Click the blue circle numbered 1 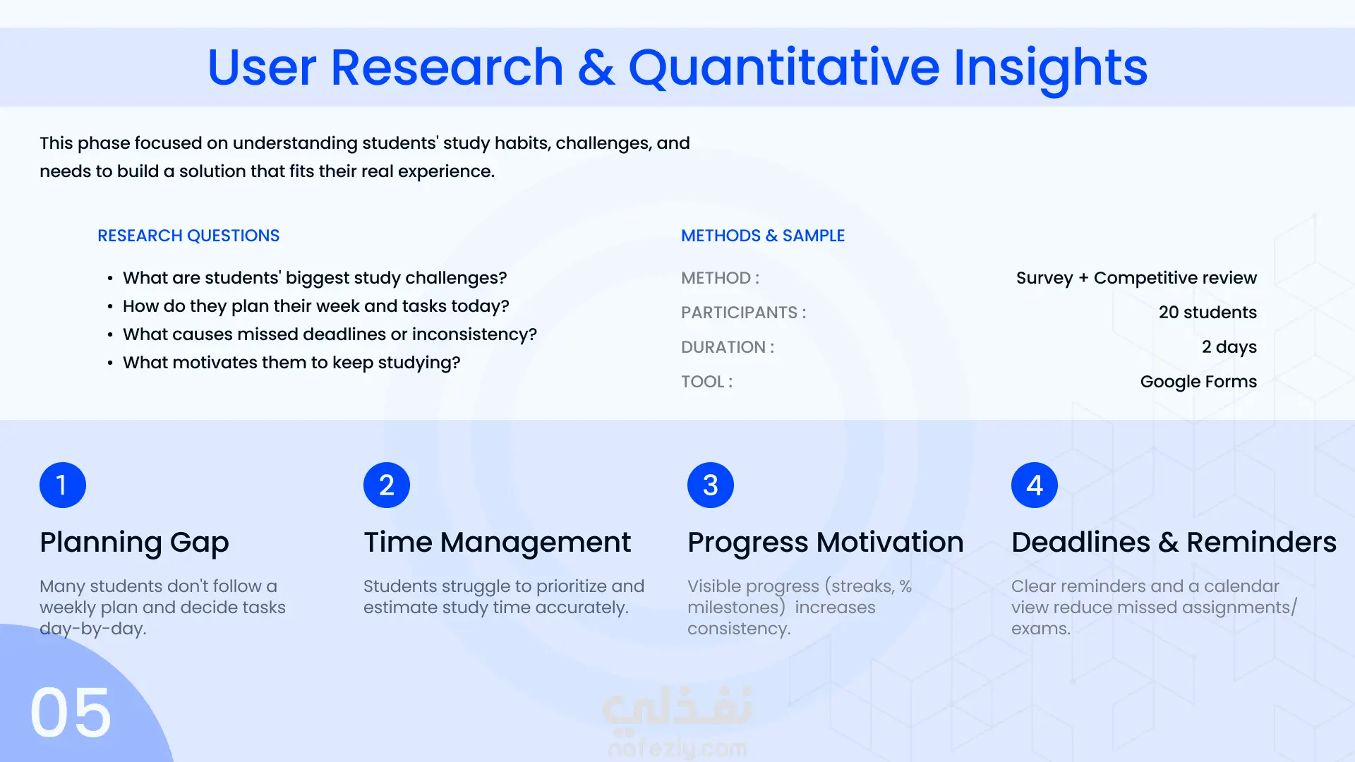coord(63,485)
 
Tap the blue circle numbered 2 coord(387,485)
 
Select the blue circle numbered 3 coord(711,485)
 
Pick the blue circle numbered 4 coord(1035,485)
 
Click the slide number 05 coord(71,713)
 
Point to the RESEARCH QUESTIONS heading coord(188,236)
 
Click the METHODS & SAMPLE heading coord(763,236)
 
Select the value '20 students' coord(1208,313)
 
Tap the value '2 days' coord(1229,347)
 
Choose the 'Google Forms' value coord(1198,382)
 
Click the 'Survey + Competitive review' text coord(1136,278)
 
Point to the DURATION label coord(728,347)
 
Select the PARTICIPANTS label coord(744,313)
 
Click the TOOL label coord(707,382)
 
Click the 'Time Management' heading coord(498,543)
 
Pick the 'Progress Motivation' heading coord(826,543)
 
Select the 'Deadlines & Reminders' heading coord(1174,543)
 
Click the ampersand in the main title coord(596,68)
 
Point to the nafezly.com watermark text coord(677,748)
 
